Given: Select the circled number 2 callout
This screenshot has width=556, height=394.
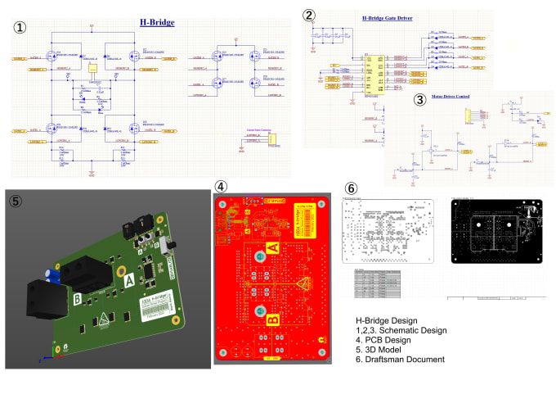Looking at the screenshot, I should [x=308, y=15].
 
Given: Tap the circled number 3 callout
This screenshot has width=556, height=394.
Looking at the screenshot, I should [x=419, y=101].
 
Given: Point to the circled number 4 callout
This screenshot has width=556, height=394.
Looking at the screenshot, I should [x=220, y=186].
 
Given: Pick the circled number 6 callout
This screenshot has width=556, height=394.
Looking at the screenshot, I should [x=351, y=188].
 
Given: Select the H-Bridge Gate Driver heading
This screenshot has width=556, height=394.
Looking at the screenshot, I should [x=389, y=16].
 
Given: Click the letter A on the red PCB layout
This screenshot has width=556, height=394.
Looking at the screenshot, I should [x=273, y=249].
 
